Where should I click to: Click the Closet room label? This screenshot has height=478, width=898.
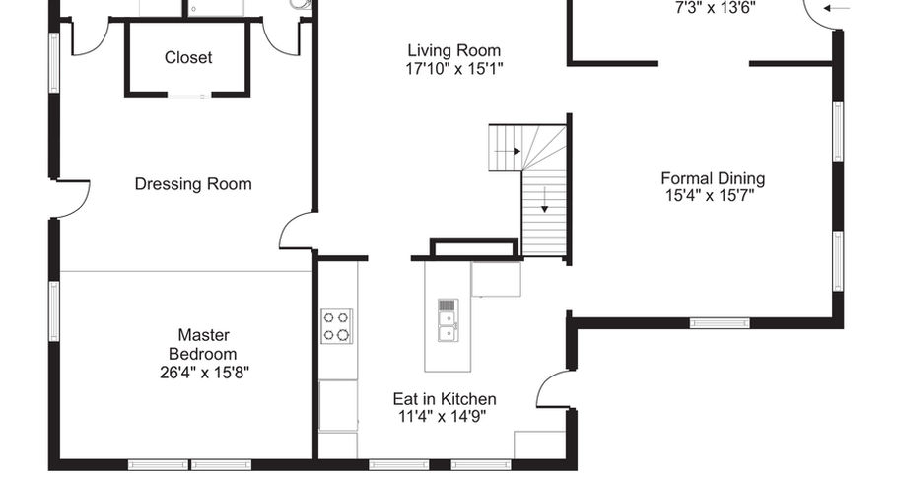[188, 58]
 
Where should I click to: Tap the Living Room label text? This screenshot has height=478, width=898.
[453, 50]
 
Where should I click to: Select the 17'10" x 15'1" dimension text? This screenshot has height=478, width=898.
[453, 69]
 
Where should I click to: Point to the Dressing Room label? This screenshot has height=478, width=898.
[193, 184]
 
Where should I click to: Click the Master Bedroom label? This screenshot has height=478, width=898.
[203, 344]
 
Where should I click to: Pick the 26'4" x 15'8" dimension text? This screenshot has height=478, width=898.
[204, 373]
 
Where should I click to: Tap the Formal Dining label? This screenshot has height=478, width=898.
[713, 178]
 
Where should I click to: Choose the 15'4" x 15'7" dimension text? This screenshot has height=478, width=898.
[710, 196]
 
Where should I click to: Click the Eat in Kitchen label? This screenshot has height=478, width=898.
[445, 399]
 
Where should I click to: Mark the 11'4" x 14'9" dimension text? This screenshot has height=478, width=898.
[443, 416]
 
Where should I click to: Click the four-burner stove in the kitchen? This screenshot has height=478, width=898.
[337, 326]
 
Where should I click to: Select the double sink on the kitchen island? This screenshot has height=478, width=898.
[448, 320]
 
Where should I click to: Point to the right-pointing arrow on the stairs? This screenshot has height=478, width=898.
[508, 151]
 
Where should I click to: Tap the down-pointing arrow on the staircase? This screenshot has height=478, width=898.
[545, 200]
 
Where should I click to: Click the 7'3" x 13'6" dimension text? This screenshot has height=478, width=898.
[716, 8]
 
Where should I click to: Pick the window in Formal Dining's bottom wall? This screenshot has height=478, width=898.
[720, 323]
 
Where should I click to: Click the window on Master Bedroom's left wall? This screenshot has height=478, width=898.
[54, 311]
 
